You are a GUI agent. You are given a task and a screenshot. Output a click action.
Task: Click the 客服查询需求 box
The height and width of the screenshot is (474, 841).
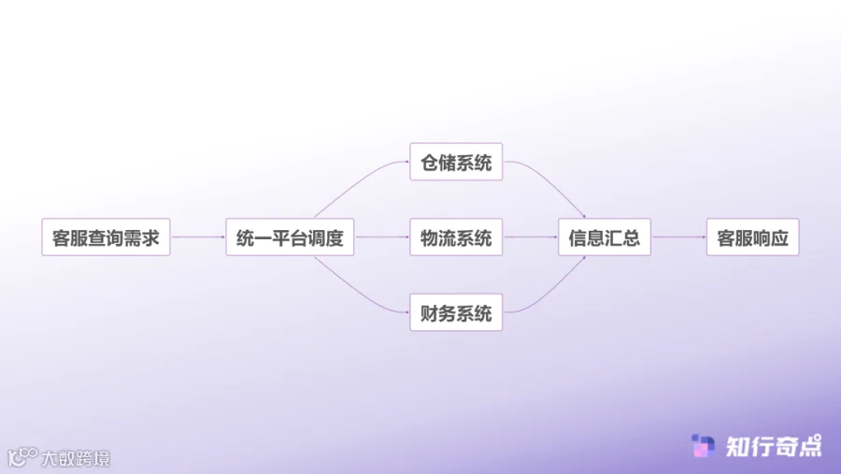[x=106, y=237]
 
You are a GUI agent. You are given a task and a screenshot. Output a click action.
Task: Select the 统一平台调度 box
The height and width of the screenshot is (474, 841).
[x=290, y=237]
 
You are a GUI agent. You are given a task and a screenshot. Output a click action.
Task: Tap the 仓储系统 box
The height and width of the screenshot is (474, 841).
[x=456, y=163]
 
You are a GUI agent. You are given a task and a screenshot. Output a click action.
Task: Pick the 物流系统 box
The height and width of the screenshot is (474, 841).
[x=456, y=237]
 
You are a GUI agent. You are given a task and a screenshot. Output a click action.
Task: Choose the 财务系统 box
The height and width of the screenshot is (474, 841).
[x=456, y=312]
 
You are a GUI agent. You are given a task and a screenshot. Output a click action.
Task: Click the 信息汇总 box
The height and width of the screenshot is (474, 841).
[x=604, y=237]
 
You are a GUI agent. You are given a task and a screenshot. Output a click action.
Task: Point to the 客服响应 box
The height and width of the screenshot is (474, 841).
[x=752, y=237]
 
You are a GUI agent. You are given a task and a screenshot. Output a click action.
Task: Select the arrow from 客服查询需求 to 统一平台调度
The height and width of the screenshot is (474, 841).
[x=198, y=237]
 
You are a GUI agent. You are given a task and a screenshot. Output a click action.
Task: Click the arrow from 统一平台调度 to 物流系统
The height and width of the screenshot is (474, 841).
[x=382, y=237]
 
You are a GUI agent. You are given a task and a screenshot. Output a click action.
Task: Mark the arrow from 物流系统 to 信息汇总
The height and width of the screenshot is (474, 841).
[x=530, y=237]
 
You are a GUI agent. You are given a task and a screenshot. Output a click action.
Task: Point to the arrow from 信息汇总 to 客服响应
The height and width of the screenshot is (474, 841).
[x=679, y=237]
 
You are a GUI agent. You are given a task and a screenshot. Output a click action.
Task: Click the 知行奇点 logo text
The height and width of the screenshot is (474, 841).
[x=774, y=446]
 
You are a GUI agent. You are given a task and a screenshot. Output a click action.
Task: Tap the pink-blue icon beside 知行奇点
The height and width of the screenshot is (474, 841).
[x=703, y=446]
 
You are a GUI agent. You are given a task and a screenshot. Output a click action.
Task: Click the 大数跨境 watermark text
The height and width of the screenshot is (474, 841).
[x=75, y=458]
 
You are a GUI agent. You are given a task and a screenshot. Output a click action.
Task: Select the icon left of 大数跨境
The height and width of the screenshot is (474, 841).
[x=21, y=457]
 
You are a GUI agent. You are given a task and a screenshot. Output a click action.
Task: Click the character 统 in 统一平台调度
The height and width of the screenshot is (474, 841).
[x=246, y=237]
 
